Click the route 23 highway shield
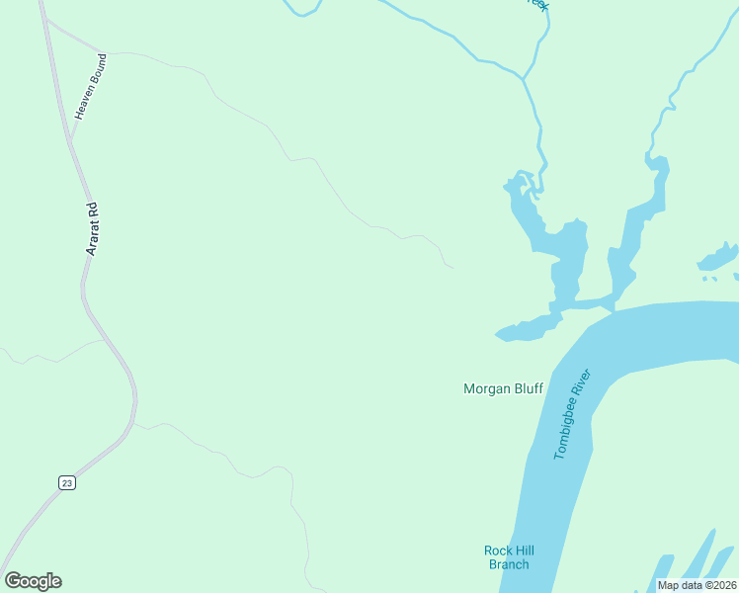coord(66,482)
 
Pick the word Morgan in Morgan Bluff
coord(487,389)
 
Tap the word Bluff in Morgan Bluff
coord(529,389)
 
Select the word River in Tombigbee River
coord(585,381)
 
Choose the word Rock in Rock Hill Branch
coord(497,551)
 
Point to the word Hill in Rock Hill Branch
coord(524,551)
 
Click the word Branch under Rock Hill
coord(509,564)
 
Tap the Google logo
coord(33,581)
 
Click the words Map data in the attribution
coord(681,585)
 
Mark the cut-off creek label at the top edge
coord(537,5)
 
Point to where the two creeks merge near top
coord(522,77)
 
